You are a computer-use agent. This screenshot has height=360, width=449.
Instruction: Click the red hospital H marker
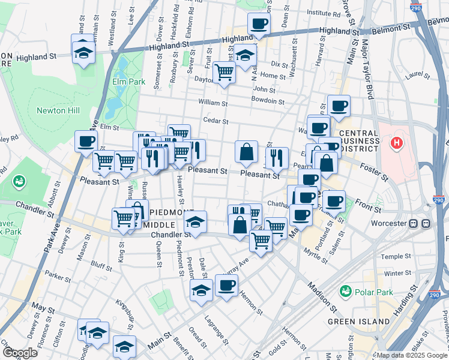click(x=396, y=143)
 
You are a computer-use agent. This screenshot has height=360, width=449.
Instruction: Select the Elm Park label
click(x=124, y=81)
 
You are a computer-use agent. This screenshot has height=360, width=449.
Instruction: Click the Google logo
click(x=20, y=353)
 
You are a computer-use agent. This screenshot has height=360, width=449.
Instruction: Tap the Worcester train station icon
click(x=420, y=223)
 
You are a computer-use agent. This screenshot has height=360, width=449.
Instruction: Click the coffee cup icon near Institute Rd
click(x=259, y=23)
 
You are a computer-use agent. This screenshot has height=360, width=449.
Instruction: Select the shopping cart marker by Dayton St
click(x=224, y=73)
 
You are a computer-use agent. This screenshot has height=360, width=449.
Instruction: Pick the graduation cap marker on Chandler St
click(x=195, y=221)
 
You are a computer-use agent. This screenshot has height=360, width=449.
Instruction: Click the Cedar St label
click(x=216, y=121)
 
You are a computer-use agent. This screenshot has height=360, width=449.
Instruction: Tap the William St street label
click(x=214, y=103)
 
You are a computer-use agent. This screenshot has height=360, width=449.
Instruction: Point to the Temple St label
click(x=396, y=256)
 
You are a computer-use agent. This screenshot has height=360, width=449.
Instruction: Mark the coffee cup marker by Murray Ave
click(x=226, y=286)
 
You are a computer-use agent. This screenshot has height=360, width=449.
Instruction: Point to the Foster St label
click(x=374, y=169)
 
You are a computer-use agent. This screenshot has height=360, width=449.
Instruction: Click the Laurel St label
click(x=415, y=76)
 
